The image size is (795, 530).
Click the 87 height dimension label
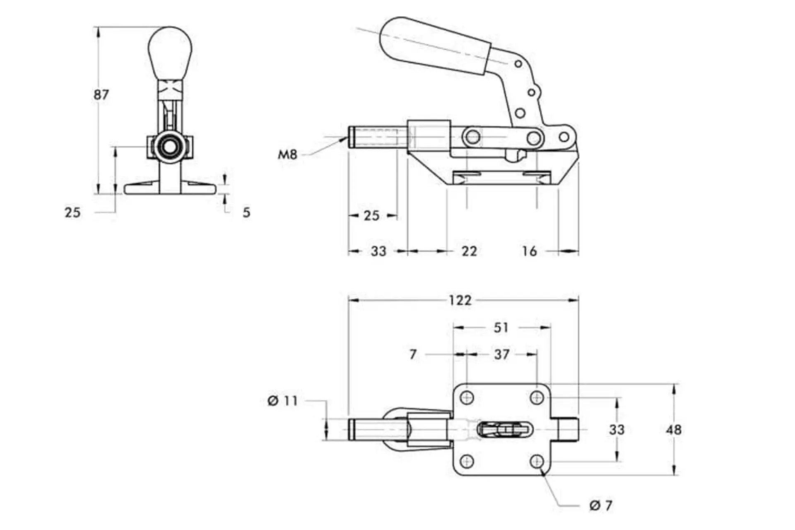(101, 95)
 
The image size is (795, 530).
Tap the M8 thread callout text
(288, 155)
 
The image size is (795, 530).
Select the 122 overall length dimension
(460, 300)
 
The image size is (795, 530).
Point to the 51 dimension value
(501, 328)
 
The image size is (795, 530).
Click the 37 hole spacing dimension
(502, 354)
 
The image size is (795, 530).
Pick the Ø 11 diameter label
(283, 401)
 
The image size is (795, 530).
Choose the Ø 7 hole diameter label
(601, 506)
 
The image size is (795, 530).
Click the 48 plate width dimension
(674, 430)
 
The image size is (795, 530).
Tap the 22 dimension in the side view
(469, 251)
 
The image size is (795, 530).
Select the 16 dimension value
(529, 251)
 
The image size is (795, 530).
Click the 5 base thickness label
(246, 212)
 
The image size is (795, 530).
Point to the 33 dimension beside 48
(617, 430)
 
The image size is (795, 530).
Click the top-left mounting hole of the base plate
(467, 398)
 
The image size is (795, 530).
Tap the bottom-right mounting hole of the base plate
(537, 461)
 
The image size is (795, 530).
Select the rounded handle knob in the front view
(170, 54)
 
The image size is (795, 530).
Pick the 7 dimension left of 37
(413, 354)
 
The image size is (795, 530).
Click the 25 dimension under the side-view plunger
(371, 216)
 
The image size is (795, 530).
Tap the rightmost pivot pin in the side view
(564, 137)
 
